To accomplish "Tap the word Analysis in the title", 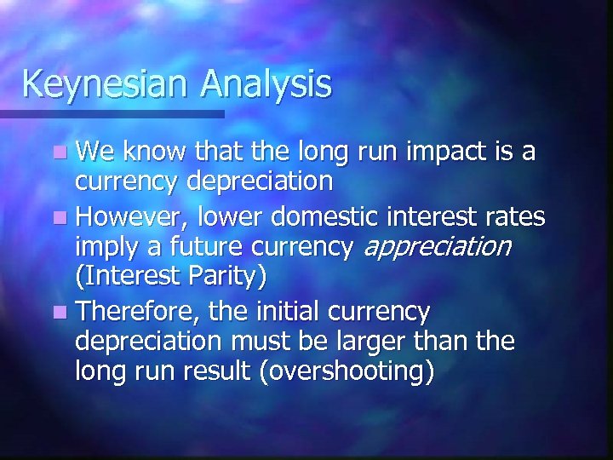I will [266, 84].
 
